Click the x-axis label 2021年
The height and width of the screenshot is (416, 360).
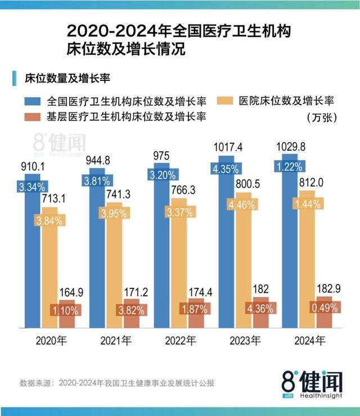pos(116,340)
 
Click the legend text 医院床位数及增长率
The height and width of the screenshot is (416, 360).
pos(287,102)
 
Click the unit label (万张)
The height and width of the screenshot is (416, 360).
pos(322,117)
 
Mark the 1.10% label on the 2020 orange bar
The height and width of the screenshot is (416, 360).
pos(66,310)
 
